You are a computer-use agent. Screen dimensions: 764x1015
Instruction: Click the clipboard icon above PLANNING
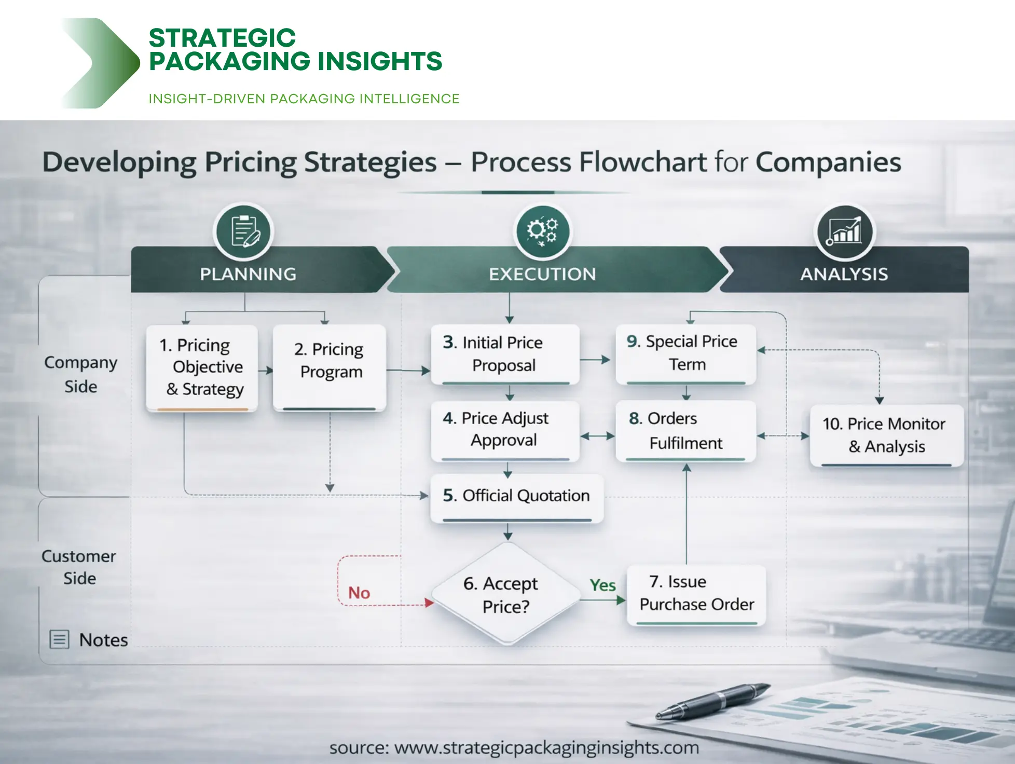(x=243, y=231)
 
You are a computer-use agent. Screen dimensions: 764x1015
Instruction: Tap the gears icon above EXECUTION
(x=542, y=231)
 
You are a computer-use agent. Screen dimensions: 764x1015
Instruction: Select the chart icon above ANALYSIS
(x=844, y=231)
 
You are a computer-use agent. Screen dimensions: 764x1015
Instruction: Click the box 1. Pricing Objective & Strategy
(x=202, y=367)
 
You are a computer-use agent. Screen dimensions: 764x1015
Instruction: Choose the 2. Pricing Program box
(x=330, y=367)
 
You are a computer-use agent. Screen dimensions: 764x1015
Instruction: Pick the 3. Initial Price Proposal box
(x=505, y=354)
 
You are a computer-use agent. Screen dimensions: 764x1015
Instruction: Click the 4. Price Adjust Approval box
(x=505, y=430)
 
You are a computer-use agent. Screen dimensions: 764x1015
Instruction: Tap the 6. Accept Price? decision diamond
(x=506, y=595)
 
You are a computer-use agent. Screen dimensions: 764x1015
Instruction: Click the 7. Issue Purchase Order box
(x=696, y=594)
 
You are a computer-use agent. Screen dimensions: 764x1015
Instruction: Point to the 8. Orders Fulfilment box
(x=685, y=431)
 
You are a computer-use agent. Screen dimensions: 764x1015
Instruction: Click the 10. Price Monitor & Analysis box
(x=886, y=435)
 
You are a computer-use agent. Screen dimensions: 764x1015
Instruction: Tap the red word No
(x=359, y=593)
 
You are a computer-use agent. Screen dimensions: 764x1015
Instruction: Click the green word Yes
(x=602, y=585)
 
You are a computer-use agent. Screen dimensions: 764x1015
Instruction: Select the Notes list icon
(x=59, y=639)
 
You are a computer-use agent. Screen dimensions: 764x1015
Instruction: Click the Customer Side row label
(x=79, y=567)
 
